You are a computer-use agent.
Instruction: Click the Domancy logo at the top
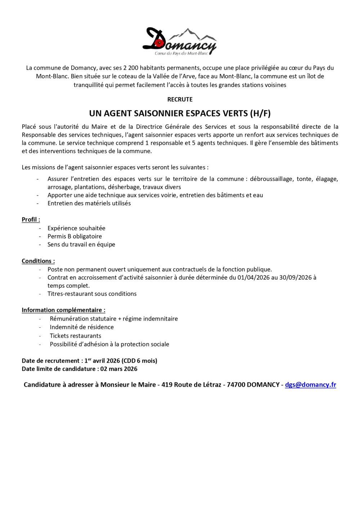180,41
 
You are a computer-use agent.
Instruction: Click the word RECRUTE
180,99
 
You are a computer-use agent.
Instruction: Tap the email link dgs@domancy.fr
310,385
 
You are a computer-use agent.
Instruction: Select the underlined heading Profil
31,219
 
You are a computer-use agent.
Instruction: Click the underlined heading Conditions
38,261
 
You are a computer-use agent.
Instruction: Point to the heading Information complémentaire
63,310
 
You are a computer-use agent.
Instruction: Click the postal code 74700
236,385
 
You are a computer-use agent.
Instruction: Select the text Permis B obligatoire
75,236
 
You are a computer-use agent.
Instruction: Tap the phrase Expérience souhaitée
76,228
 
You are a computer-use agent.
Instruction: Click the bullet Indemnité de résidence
82,327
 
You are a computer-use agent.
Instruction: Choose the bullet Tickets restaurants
76,336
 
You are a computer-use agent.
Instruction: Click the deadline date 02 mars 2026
119,369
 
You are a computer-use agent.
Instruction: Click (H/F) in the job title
260,113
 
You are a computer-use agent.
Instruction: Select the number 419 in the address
167,385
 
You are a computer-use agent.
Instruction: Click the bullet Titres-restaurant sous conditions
92,294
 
